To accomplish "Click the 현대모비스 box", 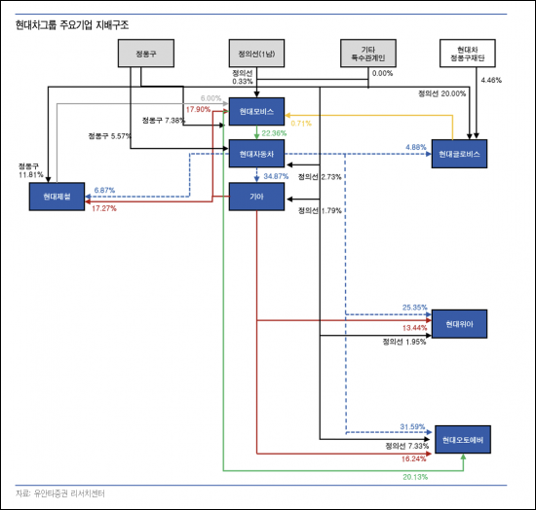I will (256, 111).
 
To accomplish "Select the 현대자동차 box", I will (256, 154).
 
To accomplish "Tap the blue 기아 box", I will (256, 197).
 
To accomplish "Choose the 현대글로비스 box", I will (461, 154).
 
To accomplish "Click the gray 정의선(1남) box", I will (256, 55).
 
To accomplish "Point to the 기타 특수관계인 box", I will (367, 55).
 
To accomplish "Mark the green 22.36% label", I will (275, 133).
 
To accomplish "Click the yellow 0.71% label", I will (300, 124).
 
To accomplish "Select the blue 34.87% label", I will (276, 176).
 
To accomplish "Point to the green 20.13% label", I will (415, 477).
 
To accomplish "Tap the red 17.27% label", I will (104, 208).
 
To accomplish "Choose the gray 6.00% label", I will (211, 98).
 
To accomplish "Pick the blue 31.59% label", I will (414, 425).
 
